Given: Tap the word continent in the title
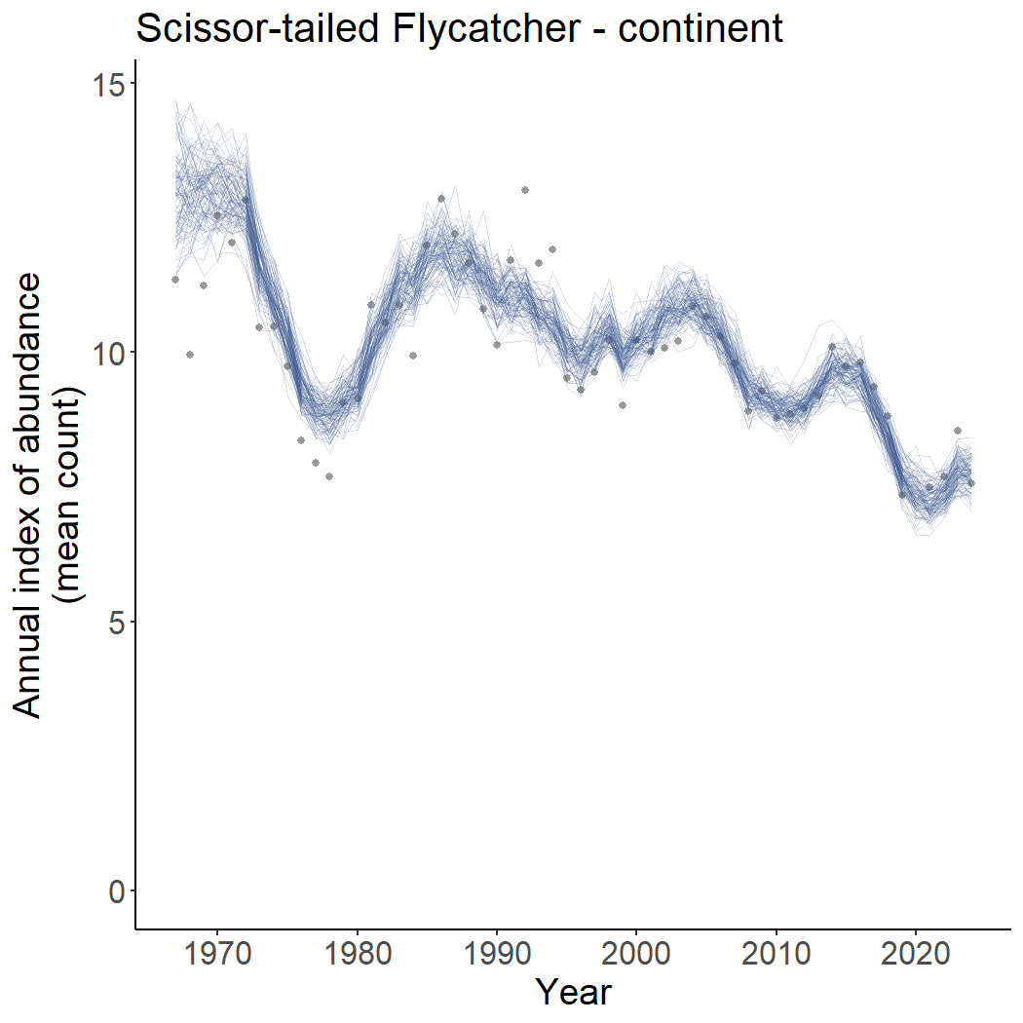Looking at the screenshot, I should pyautogui.click(x=700, y=28).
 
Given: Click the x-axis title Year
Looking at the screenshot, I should pyautogui.click(x=574, y=992).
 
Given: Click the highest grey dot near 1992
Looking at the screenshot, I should pyautogui.click(x=525, y=190).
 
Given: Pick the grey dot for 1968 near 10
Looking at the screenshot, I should pyautogui.click(x=190, y=355).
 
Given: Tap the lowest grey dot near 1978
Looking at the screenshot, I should pyautogui.click(x=329, y=476).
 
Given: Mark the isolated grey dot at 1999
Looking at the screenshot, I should pyautogui.click(x=623, y=405).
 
